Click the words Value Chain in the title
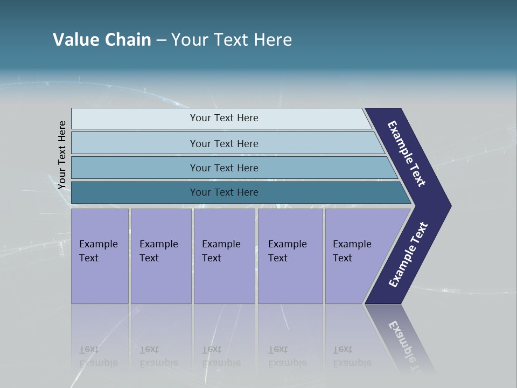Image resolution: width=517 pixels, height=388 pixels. [x=102, y=39]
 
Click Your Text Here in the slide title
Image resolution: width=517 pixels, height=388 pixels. [x=232, y=39]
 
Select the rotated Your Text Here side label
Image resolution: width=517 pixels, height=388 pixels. [x=62, y=155]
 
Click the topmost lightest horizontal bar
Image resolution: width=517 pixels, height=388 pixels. [x=224, y=118]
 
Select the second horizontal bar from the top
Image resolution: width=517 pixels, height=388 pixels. [x=224, y=143]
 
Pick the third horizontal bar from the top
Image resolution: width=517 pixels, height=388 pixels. [x=224, y=168]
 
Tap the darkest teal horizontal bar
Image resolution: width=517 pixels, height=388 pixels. [x=224, y=192]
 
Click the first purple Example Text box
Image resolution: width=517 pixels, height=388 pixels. [x=100, y=256]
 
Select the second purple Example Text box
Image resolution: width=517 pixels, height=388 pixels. [x=160, y=256]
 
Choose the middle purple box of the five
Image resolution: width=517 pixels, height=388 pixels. [x=224, y=256]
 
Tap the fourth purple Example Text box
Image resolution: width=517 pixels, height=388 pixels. [x=290, y=256]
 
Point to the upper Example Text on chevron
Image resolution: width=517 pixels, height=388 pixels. [x=407, y=154]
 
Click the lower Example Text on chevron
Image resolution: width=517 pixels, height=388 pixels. [x=408, y=254]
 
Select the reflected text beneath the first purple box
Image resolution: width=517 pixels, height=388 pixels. [x=98, y=356]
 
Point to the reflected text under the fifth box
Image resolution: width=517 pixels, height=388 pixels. [x=352, y=356]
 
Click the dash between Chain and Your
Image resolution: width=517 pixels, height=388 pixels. [x=161, y=40]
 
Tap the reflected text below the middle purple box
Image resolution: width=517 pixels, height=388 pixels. [x=221, y=356]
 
